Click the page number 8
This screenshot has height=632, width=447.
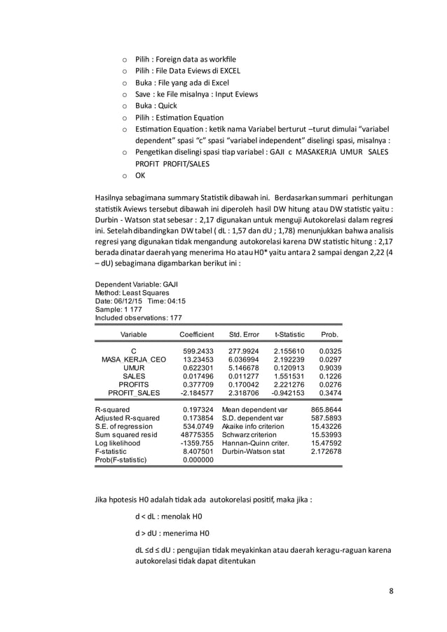click(x=392, y=589)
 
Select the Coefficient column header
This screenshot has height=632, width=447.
click(x=198, y=335)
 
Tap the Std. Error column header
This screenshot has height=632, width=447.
click(x=244, y=335)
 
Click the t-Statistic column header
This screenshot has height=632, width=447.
click(x=289, y=335)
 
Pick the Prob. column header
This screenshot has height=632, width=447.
click(x=329, y=335)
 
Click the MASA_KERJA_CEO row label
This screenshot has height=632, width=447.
click(x=135, y=359)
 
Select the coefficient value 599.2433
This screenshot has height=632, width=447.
click(x=198, y=350)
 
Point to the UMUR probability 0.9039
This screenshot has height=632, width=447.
click(x=329, y=368)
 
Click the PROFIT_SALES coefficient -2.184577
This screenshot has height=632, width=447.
click(x=197, y=394)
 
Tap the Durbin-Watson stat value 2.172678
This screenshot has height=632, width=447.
click(x=326, y=452)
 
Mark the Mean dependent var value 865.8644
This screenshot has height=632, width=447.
click(x=326, y=408)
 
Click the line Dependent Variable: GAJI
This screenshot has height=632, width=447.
click(x=136, y=284)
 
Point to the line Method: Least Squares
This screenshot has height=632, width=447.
click(x=131, y=292)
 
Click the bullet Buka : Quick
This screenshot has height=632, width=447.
click(x=156, y=106)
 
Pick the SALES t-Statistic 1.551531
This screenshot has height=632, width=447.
click(x=289, y=376)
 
